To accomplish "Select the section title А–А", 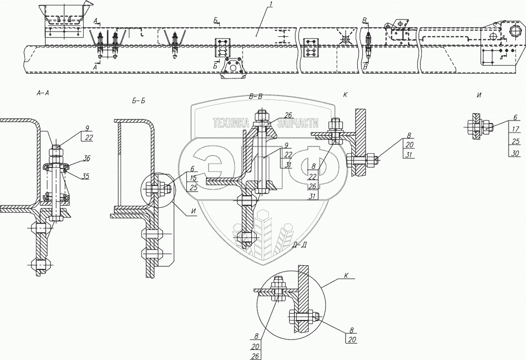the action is click(43, 94).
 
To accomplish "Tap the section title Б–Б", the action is click(139, 100).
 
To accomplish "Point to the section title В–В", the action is click(256, 96).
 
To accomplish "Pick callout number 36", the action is click(86, 158).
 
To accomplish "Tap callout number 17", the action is click(516, 128).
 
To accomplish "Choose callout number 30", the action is click(516, 153).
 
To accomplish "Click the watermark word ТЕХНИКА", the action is click(231, 124).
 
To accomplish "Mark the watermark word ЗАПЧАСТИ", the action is click(298, 124).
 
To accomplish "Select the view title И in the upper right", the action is click(479, 95).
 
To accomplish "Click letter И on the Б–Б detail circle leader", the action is click(193, 211).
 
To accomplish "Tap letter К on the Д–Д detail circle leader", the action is click(346, 275).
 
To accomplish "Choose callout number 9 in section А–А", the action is click(87, 128).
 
